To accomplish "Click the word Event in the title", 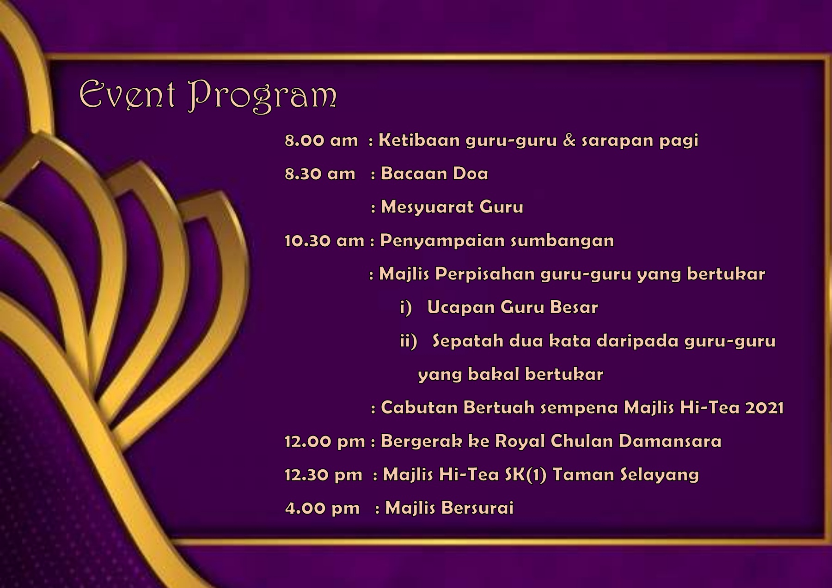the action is tap(128, 95).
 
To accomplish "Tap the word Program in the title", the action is tap(263, 97).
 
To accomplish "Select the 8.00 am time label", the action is tap(321, 140).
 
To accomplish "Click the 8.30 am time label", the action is tap(320, 174).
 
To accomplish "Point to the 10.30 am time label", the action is tap(324, 241).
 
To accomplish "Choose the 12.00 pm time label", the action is tap(325, 442).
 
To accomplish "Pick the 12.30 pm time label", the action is tap(324, 475).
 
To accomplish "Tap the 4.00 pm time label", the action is tap(322, 508).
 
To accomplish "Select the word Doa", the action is tap(470, 174).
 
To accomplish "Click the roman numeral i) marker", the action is tap(406, 308).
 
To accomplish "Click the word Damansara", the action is tap(670, 441).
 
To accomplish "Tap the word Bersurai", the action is tap(477, 508).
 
